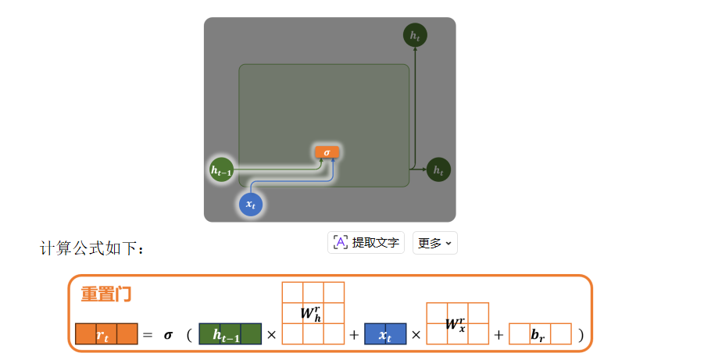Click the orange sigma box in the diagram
[x=327, y=152]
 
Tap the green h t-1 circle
[x=222, y=169]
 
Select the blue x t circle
[x=251, y=204]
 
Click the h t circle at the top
[x=415, y=35]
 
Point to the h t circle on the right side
[x=438, y=169]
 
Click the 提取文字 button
[x=366, y=243]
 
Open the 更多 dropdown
[x=434, y=243]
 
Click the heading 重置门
[x=106, y=294]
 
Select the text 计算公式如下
[x=91, y=248]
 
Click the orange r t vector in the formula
[x=106, y=334]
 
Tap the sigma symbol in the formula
[x=168, y=335]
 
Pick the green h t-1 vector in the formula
[x=230, y=334]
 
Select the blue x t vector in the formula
[x=385, y=334]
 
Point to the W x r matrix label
[x=456, y=323]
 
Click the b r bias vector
[x=540, y=334]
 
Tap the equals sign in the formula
[x=148, y=335]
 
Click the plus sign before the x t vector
[x=354, y=335]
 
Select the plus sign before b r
[x=499, y=335]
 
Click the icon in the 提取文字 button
[x=341, y=243]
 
